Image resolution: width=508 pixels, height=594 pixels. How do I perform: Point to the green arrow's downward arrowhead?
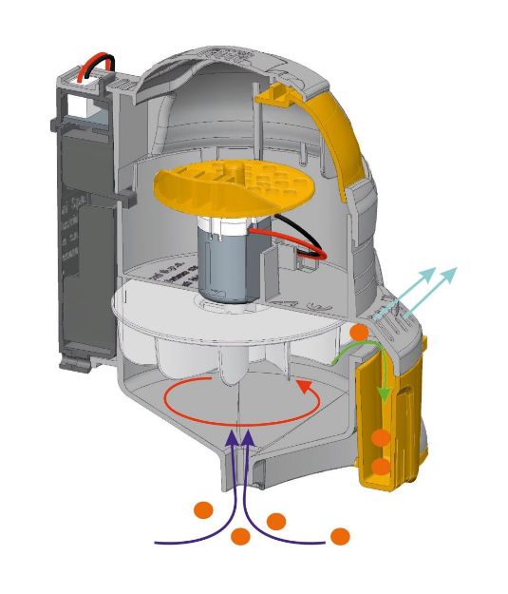pos(383,394)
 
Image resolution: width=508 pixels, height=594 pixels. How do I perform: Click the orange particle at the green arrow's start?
pos(358,333)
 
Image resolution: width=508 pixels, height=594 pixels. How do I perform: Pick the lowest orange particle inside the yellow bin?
pos(382,467)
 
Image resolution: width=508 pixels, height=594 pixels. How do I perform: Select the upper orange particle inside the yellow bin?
pos(382,437)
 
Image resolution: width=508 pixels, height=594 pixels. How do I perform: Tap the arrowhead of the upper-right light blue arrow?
pos(452,273)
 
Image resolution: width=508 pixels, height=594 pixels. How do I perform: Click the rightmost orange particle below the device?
pos(340,536)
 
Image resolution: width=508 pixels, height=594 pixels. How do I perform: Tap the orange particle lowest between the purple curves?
pos(240,537)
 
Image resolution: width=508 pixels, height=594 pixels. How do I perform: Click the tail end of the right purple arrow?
pos(332,543)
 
